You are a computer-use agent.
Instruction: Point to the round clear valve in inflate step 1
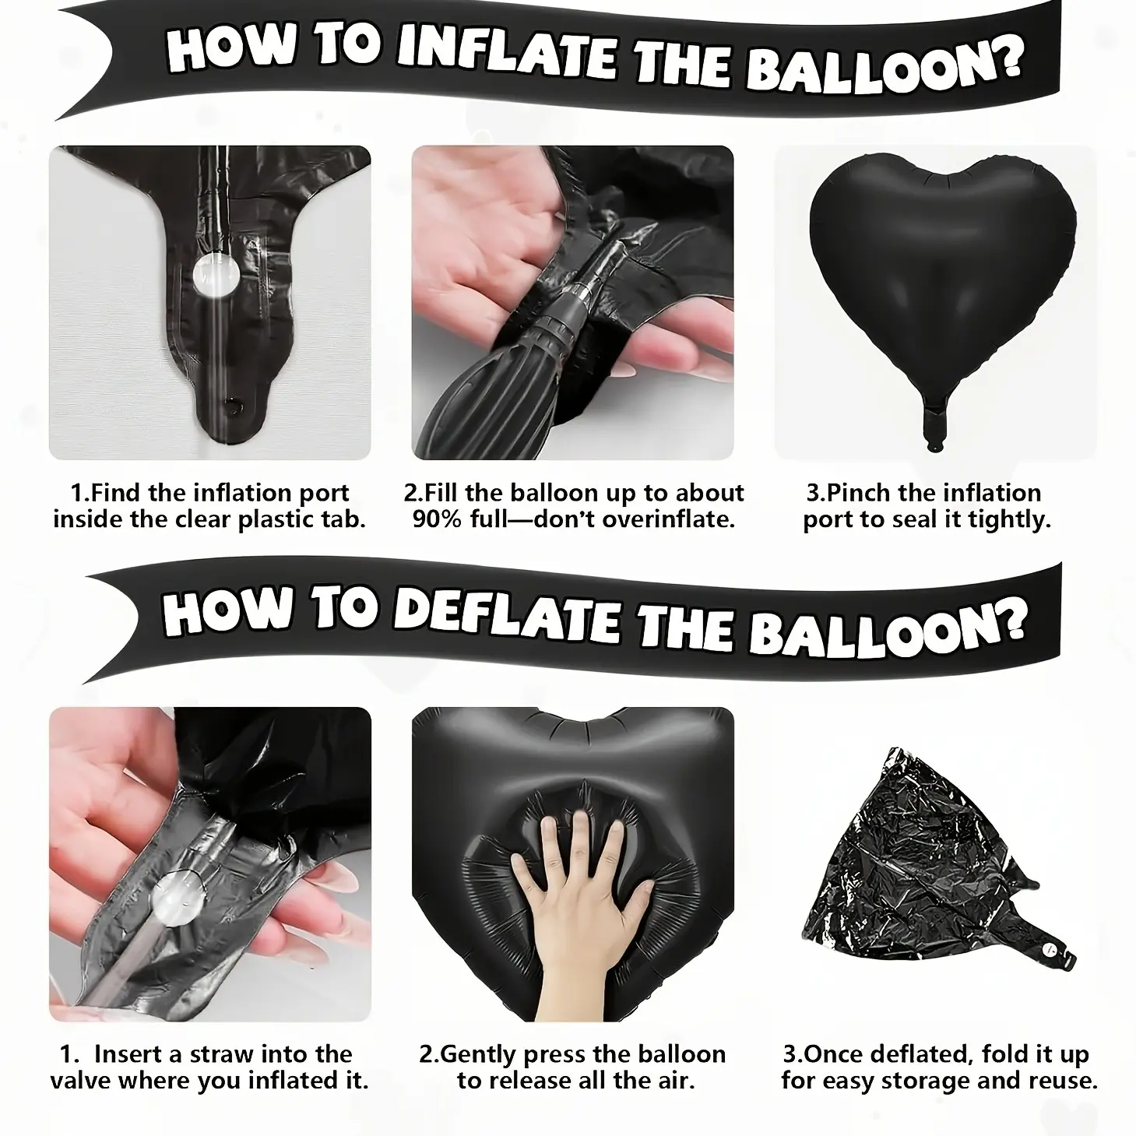216,276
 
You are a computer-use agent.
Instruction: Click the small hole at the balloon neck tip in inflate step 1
234,405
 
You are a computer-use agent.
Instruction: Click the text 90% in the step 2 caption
438,519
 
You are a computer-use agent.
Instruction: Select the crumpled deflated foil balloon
937,867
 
